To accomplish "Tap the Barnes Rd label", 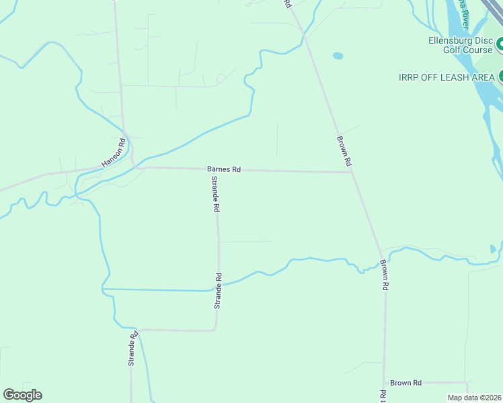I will pyautogui.click(x=224, y=170).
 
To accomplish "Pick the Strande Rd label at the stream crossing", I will pyautogui.click(x=218, y=290).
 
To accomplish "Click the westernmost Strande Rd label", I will pyautogui.click(x=133, y=348).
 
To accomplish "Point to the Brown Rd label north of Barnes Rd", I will pyautogui.click(x=344, y=150).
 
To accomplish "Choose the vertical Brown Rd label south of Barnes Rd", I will pyautogui.click(x=384, y=275).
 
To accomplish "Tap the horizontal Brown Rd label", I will pyautogui.click(x=405, y=383).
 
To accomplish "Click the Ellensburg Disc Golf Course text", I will pyautogui.click(x=461, y=45).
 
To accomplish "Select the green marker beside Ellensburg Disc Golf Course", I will pyautogui.click(x=500, y=46).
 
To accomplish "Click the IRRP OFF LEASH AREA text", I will pyautogui.click(x=447, y=77).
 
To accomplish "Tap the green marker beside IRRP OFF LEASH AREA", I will pyautogui.click(x=500, y=77).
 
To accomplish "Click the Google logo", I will pyautogui.click(x=22, y=395).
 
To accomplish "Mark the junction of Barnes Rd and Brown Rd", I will pyautogui.click(x=351, y=172).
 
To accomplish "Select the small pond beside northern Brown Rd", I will pyautogui.click(x=338, y=56).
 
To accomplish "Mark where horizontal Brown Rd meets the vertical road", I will pyautogui.click(x=384, y=383).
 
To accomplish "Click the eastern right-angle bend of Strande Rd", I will pyautogui.click(x=215, y=329).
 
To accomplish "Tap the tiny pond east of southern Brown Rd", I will pyautogui.click(x=493, y=249).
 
